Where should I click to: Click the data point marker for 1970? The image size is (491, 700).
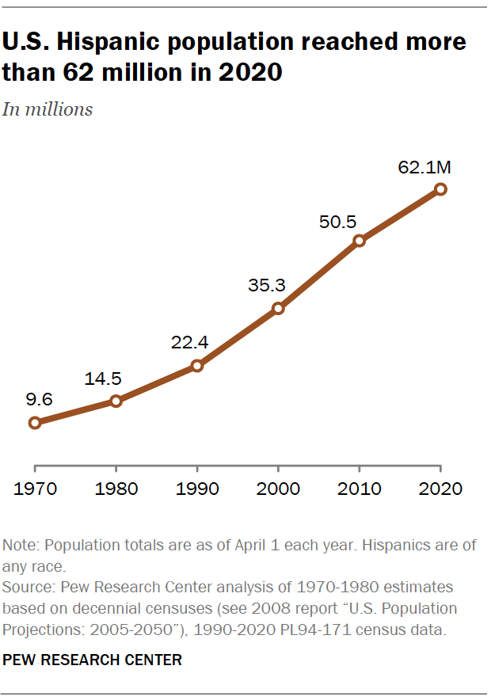pyautogui.click(x=34, y=423)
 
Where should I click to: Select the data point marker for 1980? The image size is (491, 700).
pyautogui.click(x=116, y=401)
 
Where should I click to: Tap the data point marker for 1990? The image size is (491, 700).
pyautogui.click(x=197, y=366)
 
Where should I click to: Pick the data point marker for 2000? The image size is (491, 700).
pyautogui.click(x=278, y=308)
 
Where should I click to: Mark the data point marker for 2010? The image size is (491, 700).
pyautogui.click(x=360, y=241)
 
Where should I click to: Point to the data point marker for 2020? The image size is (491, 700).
pyautogui.click(x=441, y=188)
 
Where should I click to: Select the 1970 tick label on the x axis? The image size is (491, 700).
pyautogui.click(x=34, y=488)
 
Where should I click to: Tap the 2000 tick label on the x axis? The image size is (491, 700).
pyautogui.click(x=278, y=488)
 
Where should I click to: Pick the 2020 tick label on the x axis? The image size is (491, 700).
pyautogui.click(x=441, y=488)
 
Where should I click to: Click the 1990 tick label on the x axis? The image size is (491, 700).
pyautogui.click(x=197, y=488)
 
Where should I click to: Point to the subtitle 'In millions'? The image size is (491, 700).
pyautogui.click(x=48, y=109)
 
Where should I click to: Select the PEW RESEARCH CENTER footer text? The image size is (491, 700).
pyautogui.click(x=92, y=659)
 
